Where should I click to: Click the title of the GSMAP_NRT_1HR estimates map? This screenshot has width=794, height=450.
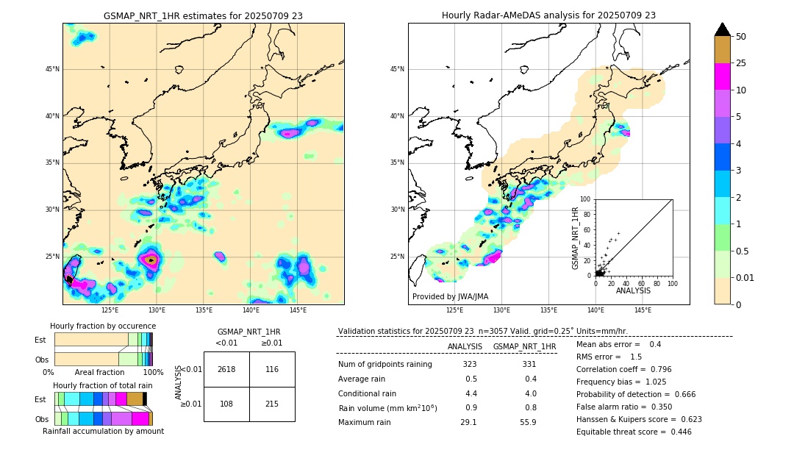[203, 15]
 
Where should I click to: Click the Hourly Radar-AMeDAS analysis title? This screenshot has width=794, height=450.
[548, 15]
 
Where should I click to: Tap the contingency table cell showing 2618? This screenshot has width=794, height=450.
[226, 369]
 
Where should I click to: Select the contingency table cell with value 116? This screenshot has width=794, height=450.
[272, 369]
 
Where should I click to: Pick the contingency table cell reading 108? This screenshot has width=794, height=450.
[226, 404]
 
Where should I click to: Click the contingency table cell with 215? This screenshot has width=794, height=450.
[272, 404]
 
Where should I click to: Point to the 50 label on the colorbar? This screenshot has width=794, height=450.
[741, 36]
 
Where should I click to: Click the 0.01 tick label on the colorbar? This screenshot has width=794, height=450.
[745, 277]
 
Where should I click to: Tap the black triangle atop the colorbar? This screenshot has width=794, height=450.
[722, 29]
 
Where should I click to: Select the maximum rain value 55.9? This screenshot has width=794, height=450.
[528, 422]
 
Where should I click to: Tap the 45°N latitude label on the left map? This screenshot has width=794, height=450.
[51, 69]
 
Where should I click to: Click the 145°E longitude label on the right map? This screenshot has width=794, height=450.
[643, 310]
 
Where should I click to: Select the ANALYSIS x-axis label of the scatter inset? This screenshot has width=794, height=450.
[633, 290]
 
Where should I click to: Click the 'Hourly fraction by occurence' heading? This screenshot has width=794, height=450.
[103, 326]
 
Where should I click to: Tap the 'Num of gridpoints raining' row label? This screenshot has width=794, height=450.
[385, 365]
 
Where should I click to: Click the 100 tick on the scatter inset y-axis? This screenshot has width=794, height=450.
[586, 199]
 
